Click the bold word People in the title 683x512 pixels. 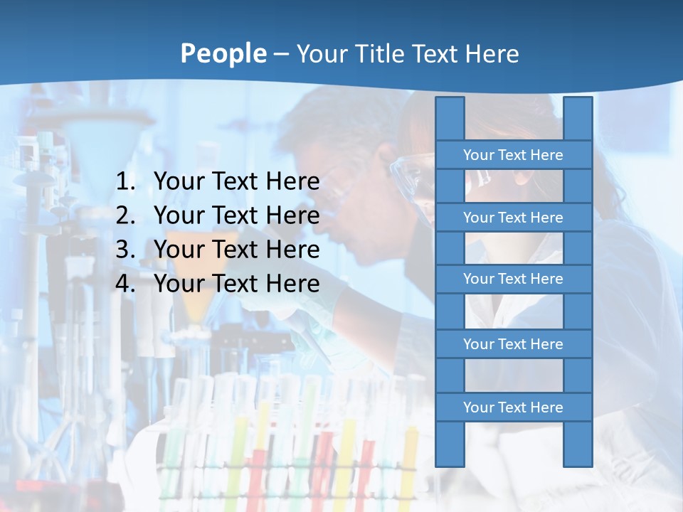223,54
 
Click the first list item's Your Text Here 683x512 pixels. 236,182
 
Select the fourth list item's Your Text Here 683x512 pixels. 236,284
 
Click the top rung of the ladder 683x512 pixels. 513,155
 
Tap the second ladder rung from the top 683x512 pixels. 513,218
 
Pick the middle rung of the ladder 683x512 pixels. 513,279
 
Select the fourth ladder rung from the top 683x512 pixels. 513,344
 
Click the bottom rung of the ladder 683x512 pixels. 513,407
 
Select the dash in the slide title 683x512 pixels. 280,54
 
